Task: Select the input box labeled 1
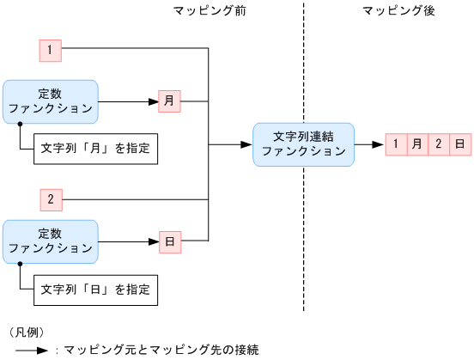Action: click(x=51, y=51)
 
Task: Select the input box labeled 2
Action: click(x=51, y=200)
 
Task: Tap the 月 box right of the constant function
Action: click(x=169, y=101)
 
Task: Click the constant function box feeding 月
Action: click(x=51, y=101)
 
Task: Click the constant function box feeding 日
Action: click(x=51, y=241)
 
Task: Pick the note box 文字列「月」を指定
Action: click(x=95, y=148)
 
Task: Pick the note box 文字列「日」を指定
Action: click(x=95, y=290)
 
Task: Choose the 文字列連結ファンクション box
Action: click(x=302, y=143)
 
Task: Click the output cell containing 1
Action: click(x=396, y=143)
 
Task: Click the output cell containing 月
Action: click(x=417, y=143)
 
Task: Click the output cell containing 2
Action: click(x=439, y=143)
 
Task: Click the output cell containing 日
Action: click(x=460, y=143)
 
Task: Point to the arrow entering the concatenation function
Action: click(x=232, y=144)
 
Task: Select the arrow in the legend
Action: click(x=31, y=350)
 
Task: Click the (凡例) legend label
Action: click(x=27, y=332)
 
